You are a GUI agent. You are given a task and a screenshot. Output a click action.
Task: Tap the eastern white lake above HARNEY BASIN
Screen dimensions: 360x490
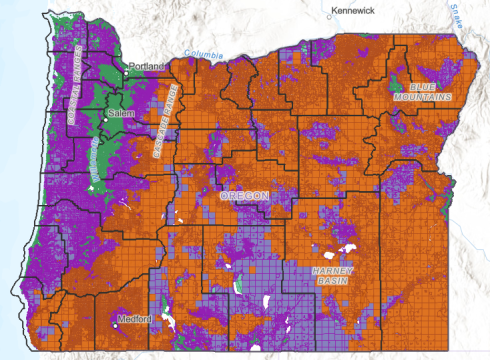click(x=349, y=248)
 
